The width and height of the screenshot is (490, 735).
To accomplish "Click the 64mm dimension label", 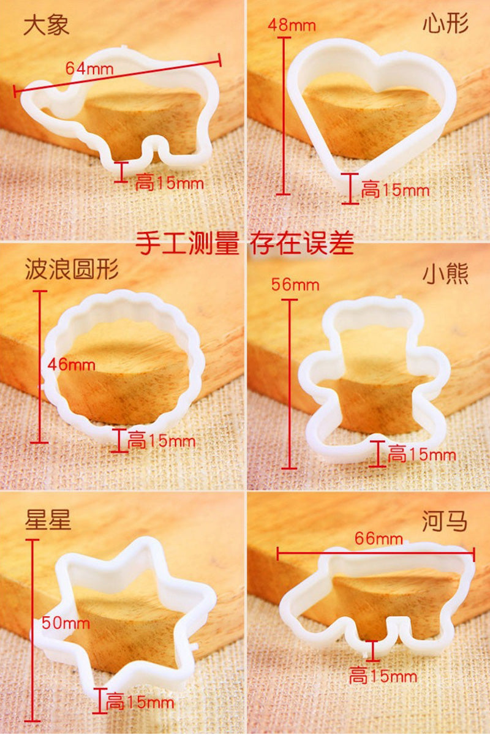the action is coord(89,69).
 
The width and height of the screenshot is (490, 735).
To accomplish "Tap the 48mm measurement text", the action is coord(292,25).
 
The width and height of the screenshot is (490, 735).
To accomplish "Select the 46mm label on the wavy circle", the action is coord(71,364).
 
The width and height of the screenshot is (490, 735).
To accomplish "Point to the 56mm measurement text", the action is coord(295,284).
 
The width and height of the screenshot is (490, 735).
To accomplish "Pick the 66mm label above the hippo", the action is coord(379,538).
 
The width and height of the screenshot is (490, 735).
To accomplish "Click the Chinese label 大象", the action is coord(47,26).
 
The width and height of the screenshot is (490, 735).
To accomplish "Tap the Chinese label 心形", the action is coord(445,24).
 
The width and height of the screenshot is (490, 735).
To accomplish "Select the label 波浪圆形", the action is coord(72,269).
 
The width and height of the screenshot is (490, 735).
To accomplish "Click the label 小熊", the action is coord(445,274).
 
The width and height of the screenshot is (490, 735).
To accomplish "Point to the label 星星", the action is coord(48,520).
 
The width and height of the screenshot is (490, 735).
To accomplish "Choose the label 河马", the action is coord(445,521).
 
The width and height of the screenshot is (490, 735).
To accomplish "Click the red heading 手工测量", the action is coord(187,243).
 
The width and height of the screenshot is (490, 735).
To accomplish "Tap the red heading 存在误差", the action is coord(301,243).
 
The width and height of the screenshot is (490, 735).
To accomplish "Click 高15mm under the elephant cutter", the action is coord(169,183).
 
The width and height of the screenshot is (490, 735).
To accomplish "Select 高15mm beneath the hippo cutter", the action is coord(383,676).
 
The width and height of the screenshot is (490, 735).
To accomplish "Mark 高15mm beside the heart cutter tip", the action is coord(395,190).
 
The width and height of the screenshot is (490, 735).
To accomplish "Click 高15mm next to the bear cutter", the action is coord(422,454).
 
